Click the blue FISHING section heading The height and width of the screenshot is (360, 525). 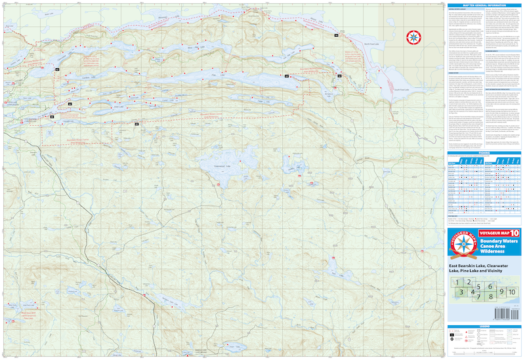pyautogui.click(x=484, y=152)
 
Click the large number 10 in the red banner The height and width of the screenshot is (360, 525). pyautogui.click(x=514, y=233)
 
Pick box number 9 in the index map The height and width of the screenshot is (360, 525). pyautogui.click(x=501, y=291)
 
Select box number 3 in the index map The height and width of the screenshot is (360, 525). pyautogui.click(x=463, y=292)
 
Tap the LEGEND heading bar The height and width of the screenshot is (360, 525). pyautogui.click(x=484, y=326)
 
